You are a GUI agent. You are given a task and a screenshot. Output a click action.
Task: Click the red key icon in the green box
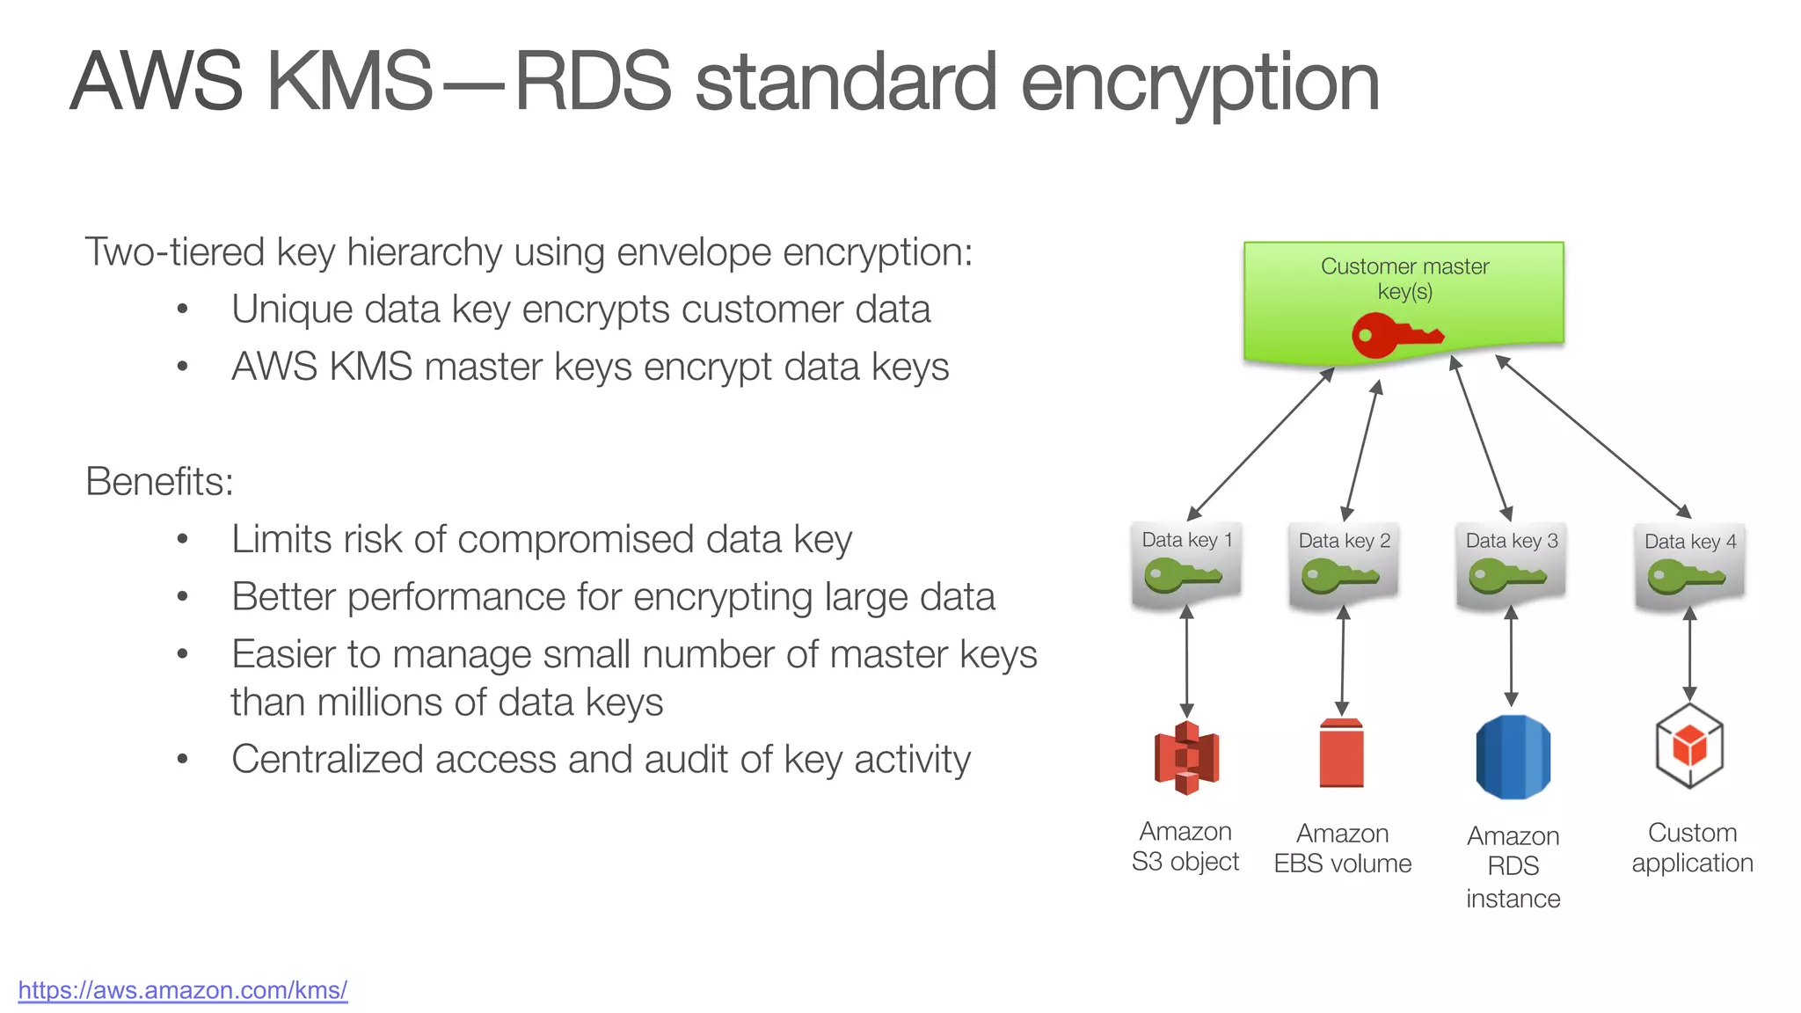1396,337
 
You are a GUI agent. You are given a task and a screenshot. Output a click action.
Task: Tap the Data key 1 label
1186,540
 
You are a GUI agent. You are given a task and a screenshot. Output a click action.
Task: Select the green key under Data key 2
1339,578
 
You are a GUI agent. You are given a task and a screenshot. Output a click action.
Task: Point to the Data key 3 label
1511,541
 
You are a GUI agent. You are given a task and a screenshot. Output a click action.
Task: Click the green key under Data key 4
1685,579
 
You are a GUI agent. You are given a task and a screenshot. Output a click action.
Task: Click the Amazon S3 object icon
1186,757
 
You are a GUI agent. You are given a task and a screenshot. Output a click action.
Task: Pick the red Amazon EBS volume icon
1341,754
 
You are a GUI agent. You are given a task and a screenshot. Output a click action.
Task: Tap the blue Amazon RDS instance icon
1513,756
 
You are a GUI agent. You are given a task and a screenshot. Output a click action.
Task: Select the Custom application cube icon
1688,747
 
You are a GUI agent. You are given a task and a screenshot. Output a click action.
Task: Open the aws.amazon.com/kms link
182,990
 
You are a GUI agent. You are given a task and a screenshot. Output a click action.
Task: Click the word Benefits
159,482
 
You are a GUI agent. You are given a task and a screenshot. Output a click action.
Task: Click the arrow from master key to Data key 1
1260,444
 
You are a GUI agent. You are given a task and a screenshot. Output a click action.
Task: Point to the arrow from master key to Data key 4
1593,437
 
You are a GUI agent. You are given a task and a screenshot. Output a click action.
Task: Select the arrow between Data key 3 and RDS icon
1511,656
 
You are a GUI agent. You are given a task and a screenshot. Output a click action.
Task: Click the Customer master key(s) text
1404,278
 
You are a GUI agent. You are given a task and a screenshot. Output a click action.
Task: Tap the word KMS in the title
349,81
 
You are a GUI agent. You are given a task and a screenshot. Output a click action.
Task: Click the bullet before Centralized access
182,759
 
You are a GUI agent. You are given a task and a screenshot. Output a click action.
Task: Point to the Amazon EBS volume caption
1342,849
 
